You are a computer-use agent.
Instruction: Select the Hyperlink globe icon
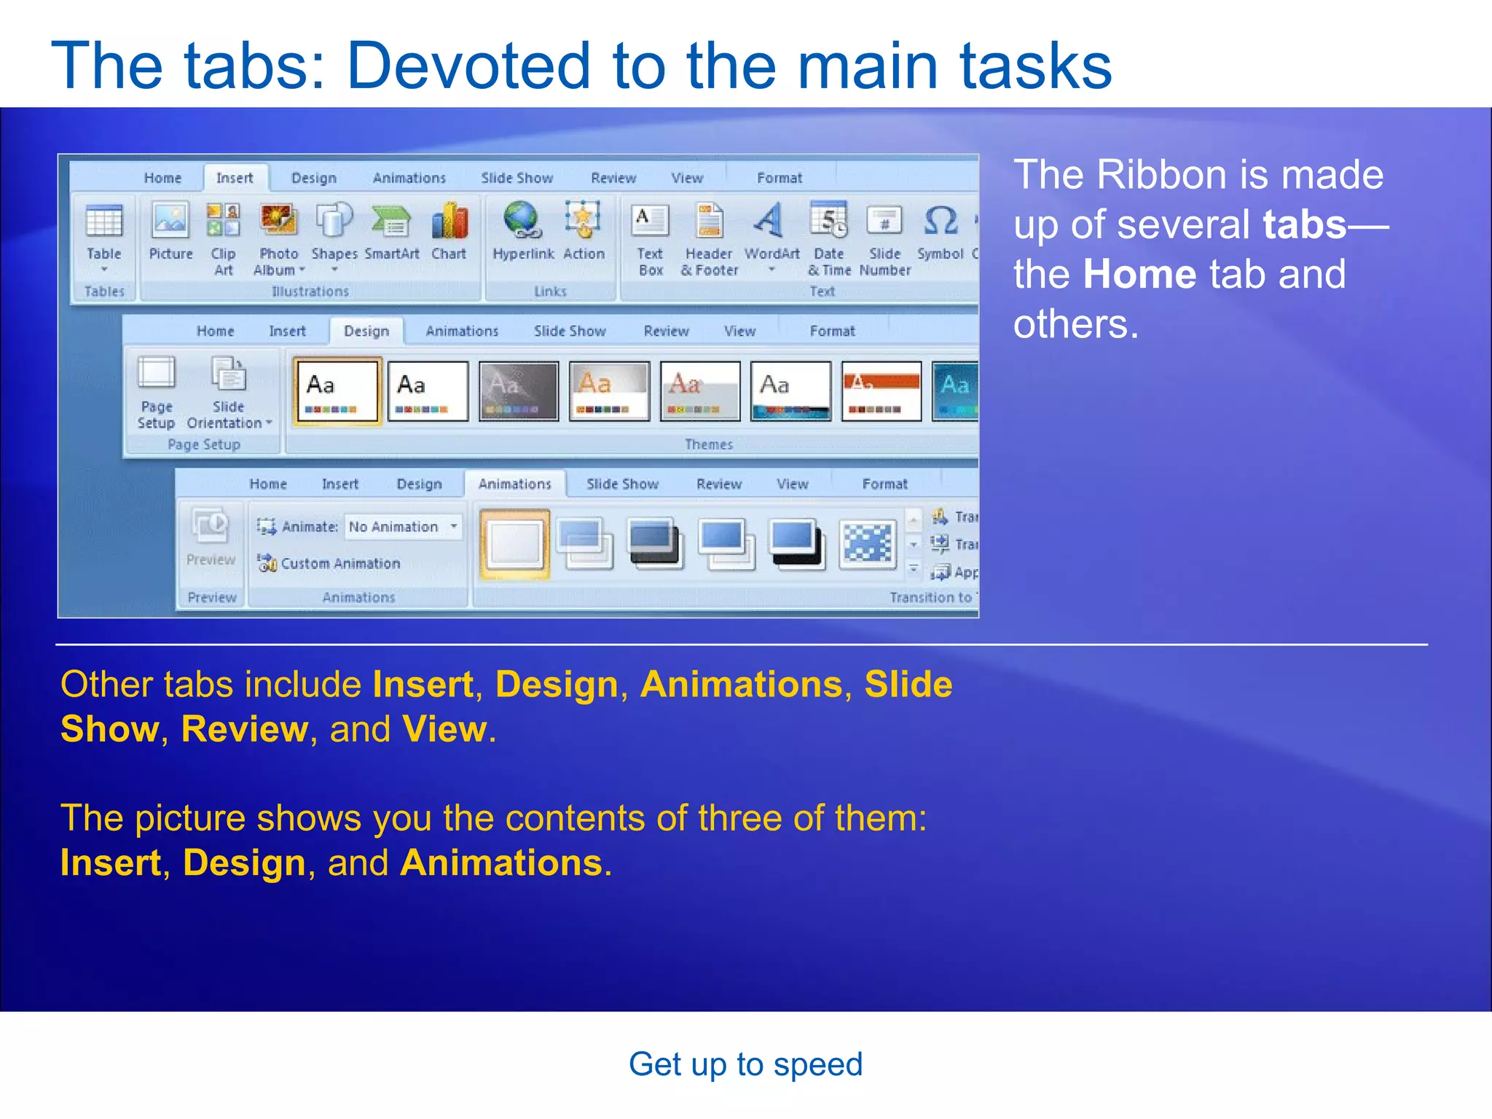click(522, 221)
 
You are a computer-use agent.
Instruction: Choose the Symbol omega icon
click(941, 221)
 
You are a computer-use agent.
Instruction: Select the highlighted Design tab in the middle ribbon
click(366, 331)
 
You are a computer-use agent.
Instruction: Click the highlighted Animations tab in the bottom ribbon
click(514, 484)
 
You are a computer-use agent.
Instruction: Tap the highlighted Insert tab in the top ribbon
click(235, 178)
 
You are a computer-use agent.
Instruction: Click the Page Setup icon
click(157, 374)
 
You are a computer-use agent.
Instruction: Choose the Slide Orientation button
click(228, 374)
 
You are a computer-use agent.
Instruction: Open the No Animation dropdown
click(454, 526)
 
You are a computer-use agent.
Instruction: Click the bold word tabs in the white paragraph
click(1304, 224)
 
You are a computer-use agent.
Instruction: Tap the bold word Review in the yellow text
click(245, 729)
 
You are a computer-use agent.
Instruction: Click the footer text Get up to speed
click(745, 1064)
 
